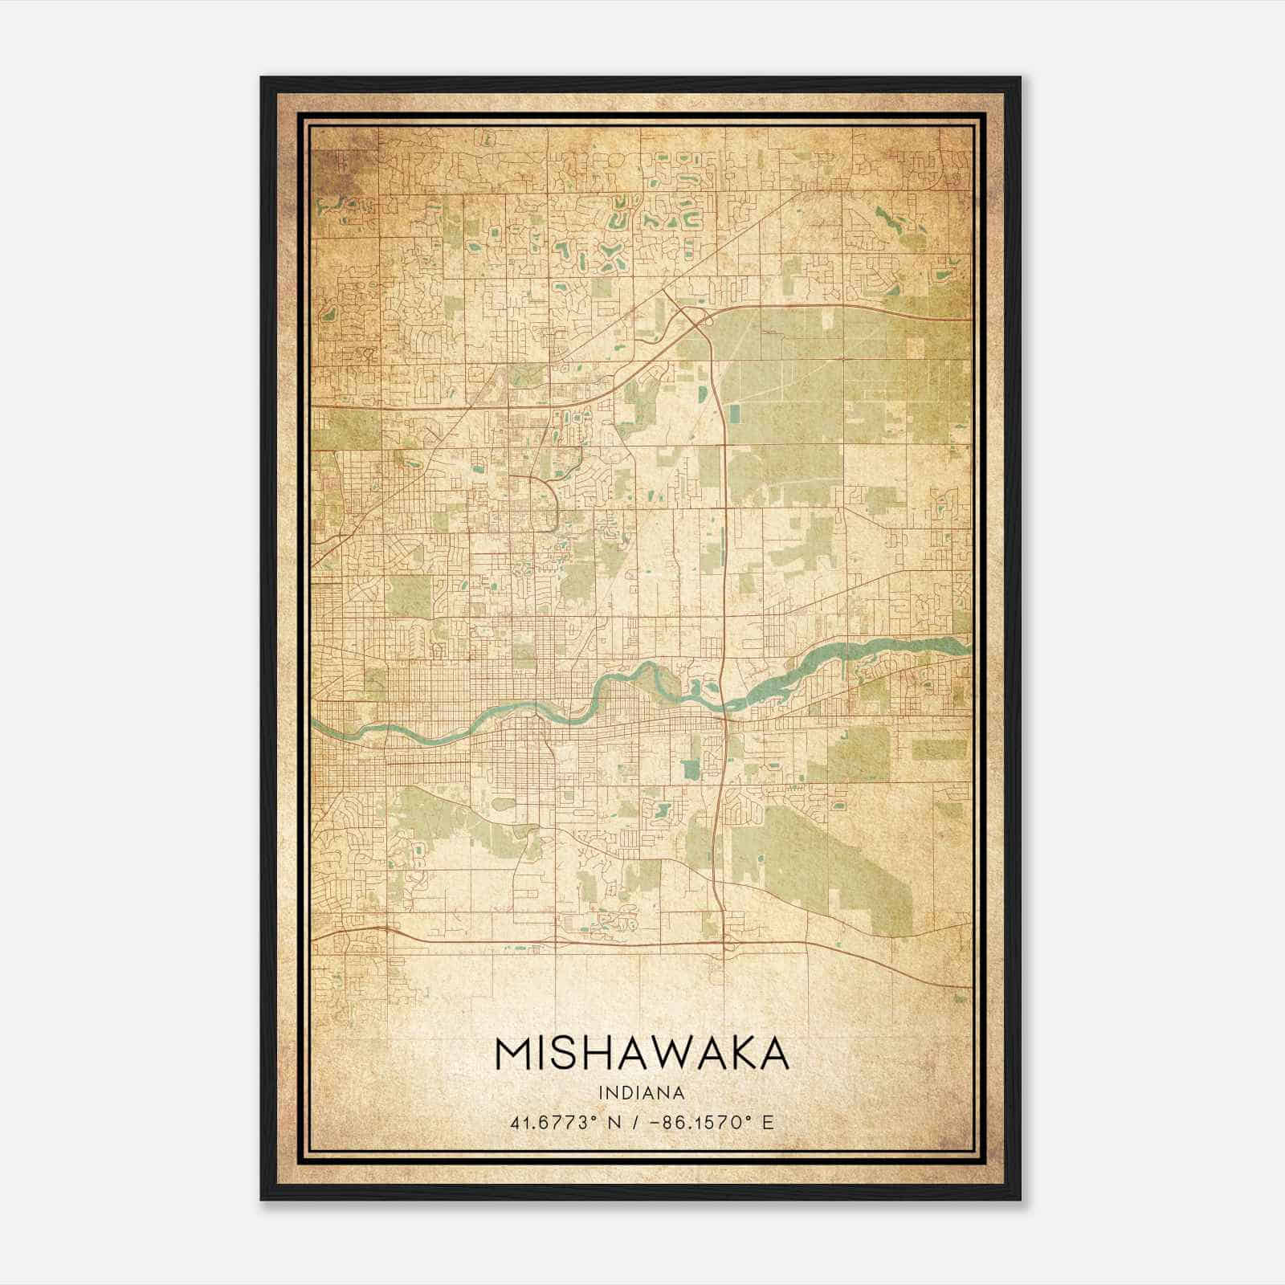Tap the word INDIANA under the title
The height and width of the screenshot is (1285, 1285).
tap(642, 1093)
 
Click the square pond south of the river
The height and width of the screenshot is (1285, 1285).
tap(691, 769)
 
